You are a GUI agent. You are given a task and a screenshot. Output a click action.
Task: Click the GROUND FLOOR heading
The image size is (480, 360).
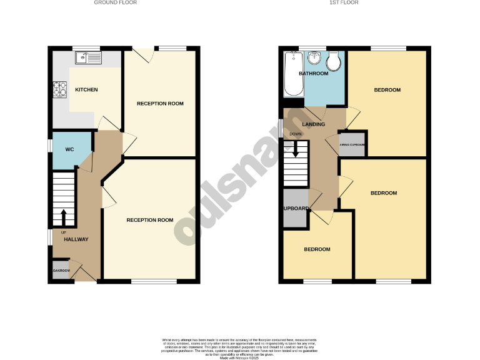pyautogui.click(x=116, y=2)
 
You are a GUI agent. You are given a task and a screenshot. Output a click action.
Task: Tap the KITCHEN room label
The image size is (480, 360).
pyautogui.click(x=86, y=90)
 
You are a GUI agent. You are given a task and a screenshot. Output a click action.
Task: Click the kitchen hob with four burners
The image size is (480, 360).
pyautogui.click(x=61, y=91)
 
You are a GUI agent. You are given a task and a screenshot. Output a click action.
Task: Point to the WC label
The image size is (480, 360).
pyautogui.click(x=69, y=150)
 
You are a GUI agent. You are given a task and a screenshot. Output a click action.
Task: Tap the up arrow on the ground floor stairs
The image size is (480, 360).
pyautogui.click(x=62, y=219)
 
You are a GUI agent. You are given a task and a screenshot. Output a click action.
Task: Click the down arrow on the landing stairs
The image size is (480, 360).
pyautogui.click(x=295, y=150)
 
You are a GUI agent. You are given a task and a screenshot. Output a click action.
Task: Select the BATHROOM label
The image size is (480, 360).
pyautogui.click(x=313, y=74)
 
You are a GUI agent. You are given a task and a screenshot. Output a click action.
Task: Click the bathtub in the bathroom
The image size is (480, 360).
pyautogui.click(x=292, y=74)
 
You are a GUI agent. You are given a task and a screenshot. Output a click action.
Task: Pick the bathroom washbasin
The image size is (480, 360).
pyautogui.click(x=314, y=59)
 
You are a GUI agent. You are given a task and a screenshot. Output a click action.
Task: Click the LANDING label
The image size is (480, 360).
pyautogui.click(x=313, y=124)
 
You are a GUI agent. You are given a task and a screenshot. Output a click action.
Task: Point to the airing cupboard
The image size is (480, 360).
pyautogui.click(x=352, y=144)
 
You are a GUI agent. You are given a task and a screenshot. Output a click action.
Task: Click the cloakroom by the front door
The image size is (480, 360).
pyautogui.click(x=61, y=271)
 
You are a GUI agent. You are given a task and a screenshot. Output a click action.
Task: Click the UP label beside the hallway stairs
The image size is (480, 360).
pyautogui.click(x=63, y=232)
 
